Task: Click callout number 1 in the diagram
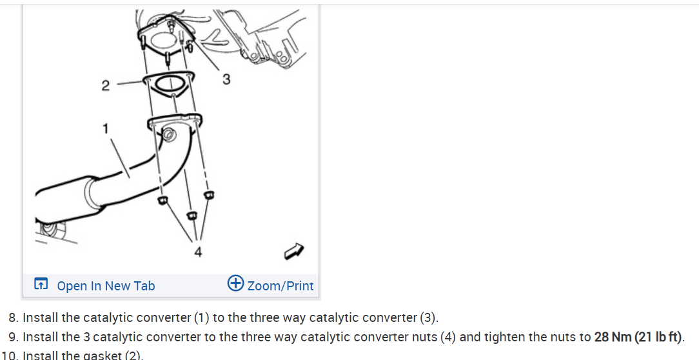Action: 105,128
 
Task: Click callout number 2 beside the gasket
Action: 105,86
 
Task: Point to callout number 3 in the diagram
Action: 226,79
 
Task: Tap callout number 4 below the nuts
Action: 198,252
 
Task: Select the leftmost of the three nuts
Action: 162,200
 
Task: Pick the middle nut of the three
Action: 192,215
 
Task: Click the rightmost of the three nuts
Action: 209,194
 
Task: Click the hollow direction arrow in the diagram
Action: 294,251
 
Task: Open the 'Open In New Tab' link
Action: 106,286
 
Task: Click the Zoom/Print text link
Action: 281,286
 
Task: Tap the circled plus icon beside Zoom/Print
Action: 236,283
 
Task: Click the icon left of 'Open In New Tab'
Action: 41,284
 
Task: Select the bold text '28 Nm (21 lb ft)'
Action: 638,337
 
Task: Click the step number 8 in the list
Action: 14,317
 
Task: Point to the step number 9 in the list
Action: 14,337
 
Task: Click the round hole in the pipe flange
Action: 169,134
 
